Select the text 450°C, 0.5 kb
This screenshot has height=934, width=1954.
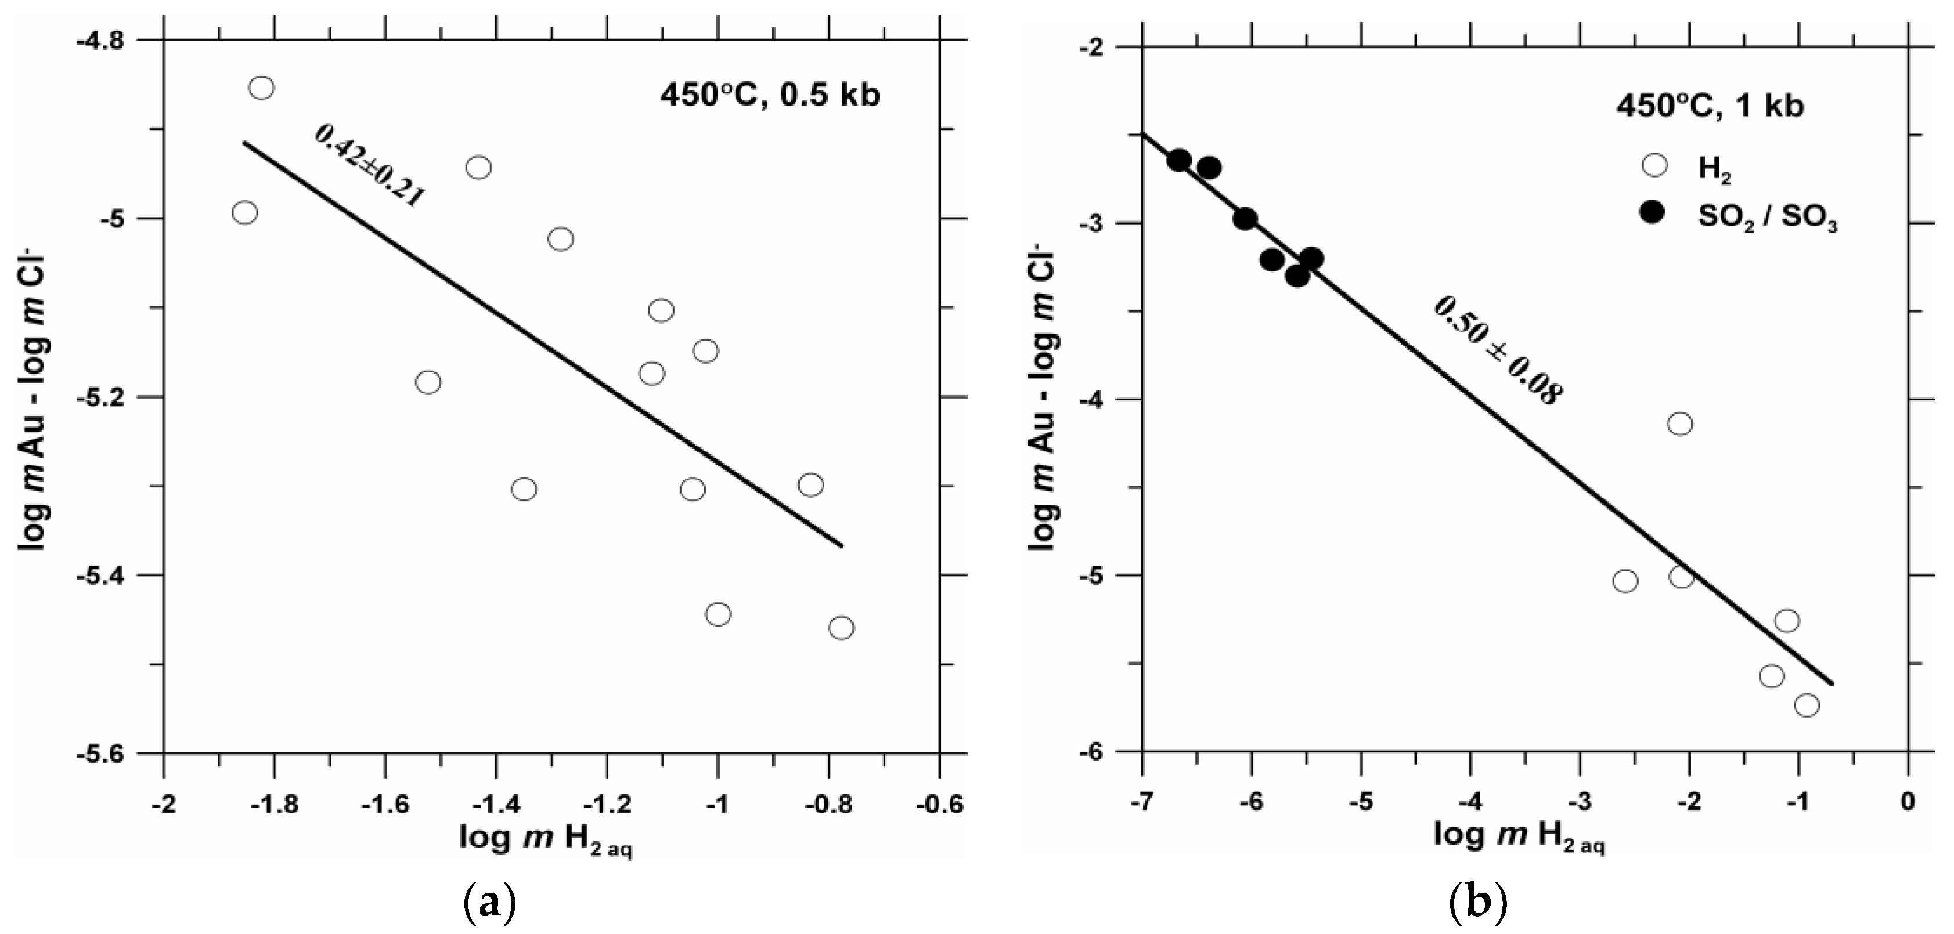pos(770,96)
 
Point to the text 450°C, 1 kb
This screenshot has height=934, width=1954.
pos(1710,106)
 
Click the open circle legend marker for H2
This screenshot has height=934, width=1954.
pos(1654,165)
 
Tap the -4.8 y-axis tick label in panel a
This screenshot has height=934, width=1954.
pos(112,40)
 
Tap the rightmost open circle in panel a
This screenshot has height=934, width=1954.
pos(841,628)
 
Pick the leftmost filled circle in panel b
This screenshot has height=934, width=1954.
pos(1179,161)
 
